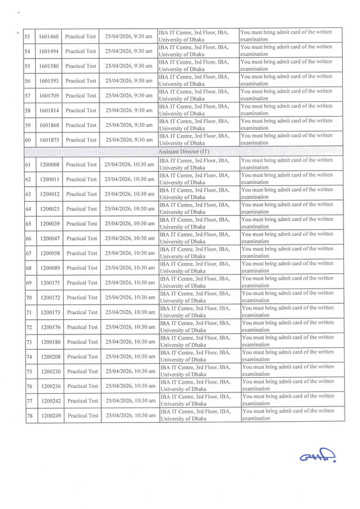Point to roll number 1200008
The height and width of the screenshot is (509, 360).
click(x=48, y=165)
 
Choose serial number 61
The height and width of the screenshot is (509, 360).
click(x=28, y=165)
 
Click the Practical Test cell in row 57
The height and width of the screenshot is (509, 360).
click(x=82, y=96)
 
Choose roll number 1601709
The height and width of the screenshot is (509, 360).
click(x=48, y=96)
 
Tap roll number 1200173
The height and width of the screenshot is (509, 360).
click(x=48, y=313)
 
